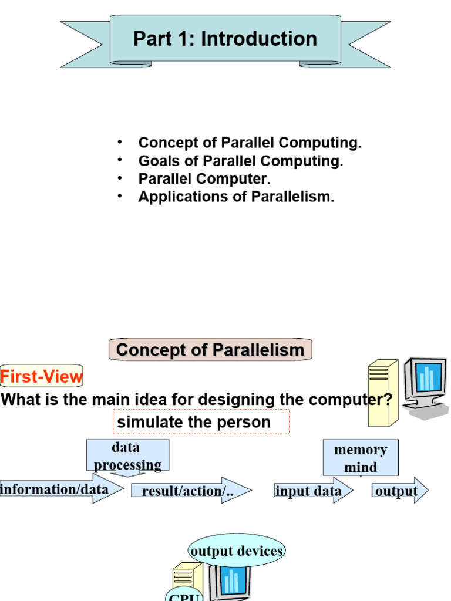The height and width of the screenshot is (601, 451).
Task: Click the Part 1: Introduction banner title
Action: tap(225, 39)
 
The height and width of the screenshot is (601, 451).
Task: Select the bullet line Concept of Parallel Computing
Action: tap(250, 143)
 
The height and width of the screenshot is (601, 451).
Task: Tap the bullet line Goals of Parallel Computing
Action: tap(240, 161)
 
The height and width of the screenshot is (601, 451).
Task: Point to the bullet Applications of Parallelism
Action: tap(235, 197)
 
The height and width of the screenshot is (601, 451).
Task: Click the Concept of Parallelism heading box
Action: tap(210, 350)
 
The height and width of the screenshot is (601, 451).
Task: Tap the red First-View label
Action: tap(42, 376)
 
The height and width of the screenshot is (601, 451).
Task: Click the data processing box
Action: tap(127, 455)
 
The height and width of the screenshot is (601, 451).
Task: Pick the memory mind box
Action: tap(361, 458)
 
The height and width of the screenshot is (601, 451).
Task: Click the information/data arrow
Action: tap(59, 489)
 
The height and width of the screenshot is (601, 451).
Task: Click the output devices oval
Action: tap(237, 551)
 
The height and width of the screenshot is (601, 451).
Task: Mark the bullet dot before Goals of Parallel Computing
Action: tap(119, 160)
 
